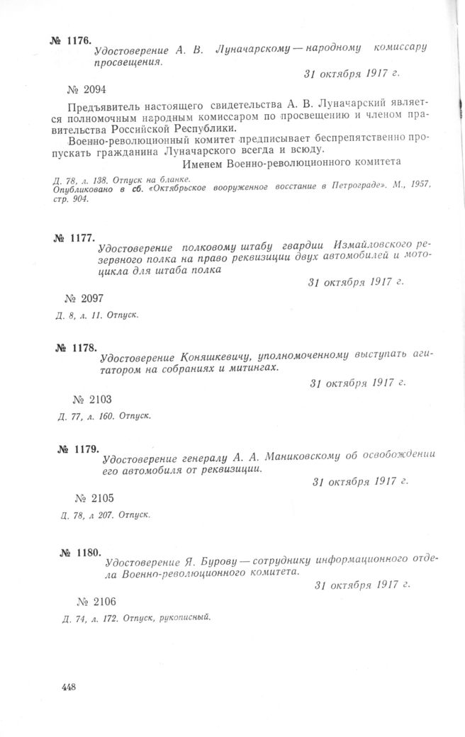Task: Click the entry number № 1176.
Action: (71, 40)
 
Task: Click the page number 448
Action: (69, 687)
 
